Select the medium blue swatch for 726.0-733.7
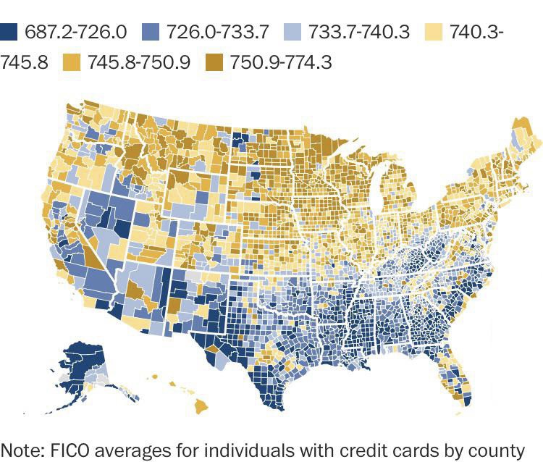coord(151,31)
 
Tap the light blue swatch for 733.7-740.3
coord(293,31)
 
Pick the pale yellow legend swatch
coord(434,31)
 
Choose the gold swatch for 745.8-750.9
coord(71,62)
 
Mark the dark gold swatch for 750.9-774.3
coord(212,62)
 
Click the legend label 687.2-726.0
coord(76,32)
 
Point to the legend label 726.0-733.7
coord(217,32)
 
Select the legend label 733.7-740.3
coord(358,32)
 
